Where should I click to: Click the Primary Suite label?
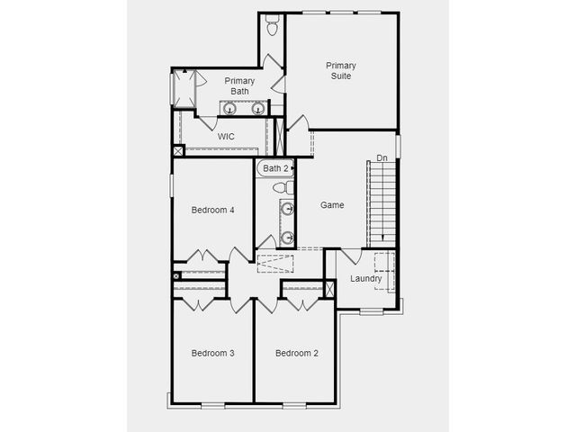point(341,70)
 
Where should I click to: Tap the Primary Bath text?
point(239,86)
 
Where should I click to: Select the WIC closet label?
point(226,137)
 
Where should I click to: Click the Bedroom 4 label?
point(212,210)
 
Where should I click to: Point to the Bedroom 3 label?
point(212,353)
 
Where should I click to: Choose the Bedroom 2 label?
point(297,353)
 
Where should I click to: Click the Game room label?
point(332,205)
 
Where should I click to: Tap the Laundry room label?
point(366,278)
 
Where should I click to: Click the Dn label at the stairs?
point(382,158)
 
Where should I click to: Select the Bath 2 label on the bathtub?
point(275,168)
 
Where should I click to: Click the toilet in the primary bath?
point(272,25)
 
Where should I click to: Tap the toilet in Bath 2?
point(283,188)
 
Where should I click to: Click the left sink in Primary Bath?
point(230,108)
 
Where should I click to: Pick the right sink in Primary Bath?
point(258,108)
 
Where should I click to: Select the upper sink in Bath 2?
point(287,209)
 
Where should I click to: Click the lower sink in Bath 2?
point(287,238)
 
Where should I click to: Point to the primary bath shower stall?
point(184,88)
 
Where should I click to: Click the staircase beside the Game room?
point(382,204)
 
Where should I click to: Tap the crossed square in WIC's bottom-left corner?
point(178,150)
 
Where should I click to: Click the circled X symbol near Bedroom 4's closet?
point(176,276)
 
